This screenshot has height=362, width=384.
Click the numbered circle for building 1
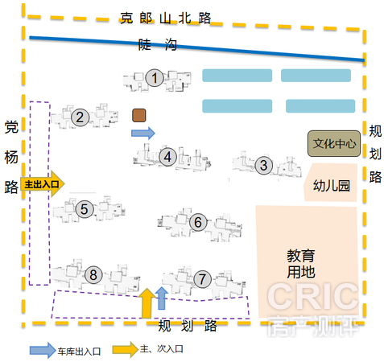(x=155, y=78)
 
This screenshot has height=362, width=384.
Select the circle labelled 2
(x=80, y=117)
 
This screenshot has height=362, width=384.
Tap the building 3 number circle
(x=264, y=165)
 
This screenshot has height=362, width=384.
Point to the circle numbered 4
(x=167, y=157)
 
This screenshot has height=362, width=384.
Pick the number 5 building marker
(x=85, y=209)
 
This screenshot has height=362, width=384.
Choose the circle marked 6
(x=198, y=222)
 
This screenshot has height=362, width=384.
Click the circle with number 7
(x=202, y=279)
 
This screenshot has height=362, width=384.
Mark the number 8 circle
(x=93, y=275)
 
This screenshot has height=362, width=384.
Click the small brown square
(x=139, y=115)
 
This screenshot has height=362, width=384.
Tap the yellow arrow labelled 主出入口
(x=43, y=184)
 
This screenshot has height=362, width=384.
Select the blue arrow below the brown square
(x=143, y=133)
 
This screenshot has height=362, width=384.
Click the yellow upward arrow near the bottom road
(x=147, y=303)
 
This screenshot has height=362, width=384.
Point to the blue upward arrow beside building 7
(x=162, y=298)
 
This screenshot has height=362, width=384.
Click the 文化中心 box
(x=334, y=143)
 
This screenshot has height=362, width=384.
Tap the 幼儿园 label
(x=332, y=186)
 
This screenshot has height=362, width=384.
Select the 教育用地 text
(x=301, y=264)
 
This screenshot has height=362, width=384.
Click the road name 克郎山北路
(x=165, y=19)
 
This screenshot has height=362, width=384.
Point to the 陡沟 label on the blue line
(x=158, y=44)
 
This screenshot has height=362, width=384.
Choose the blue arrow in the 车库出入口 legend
(x=43, y=350)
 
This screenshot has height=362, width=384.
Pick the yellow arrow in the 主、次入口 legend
(x=126, y=349)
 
